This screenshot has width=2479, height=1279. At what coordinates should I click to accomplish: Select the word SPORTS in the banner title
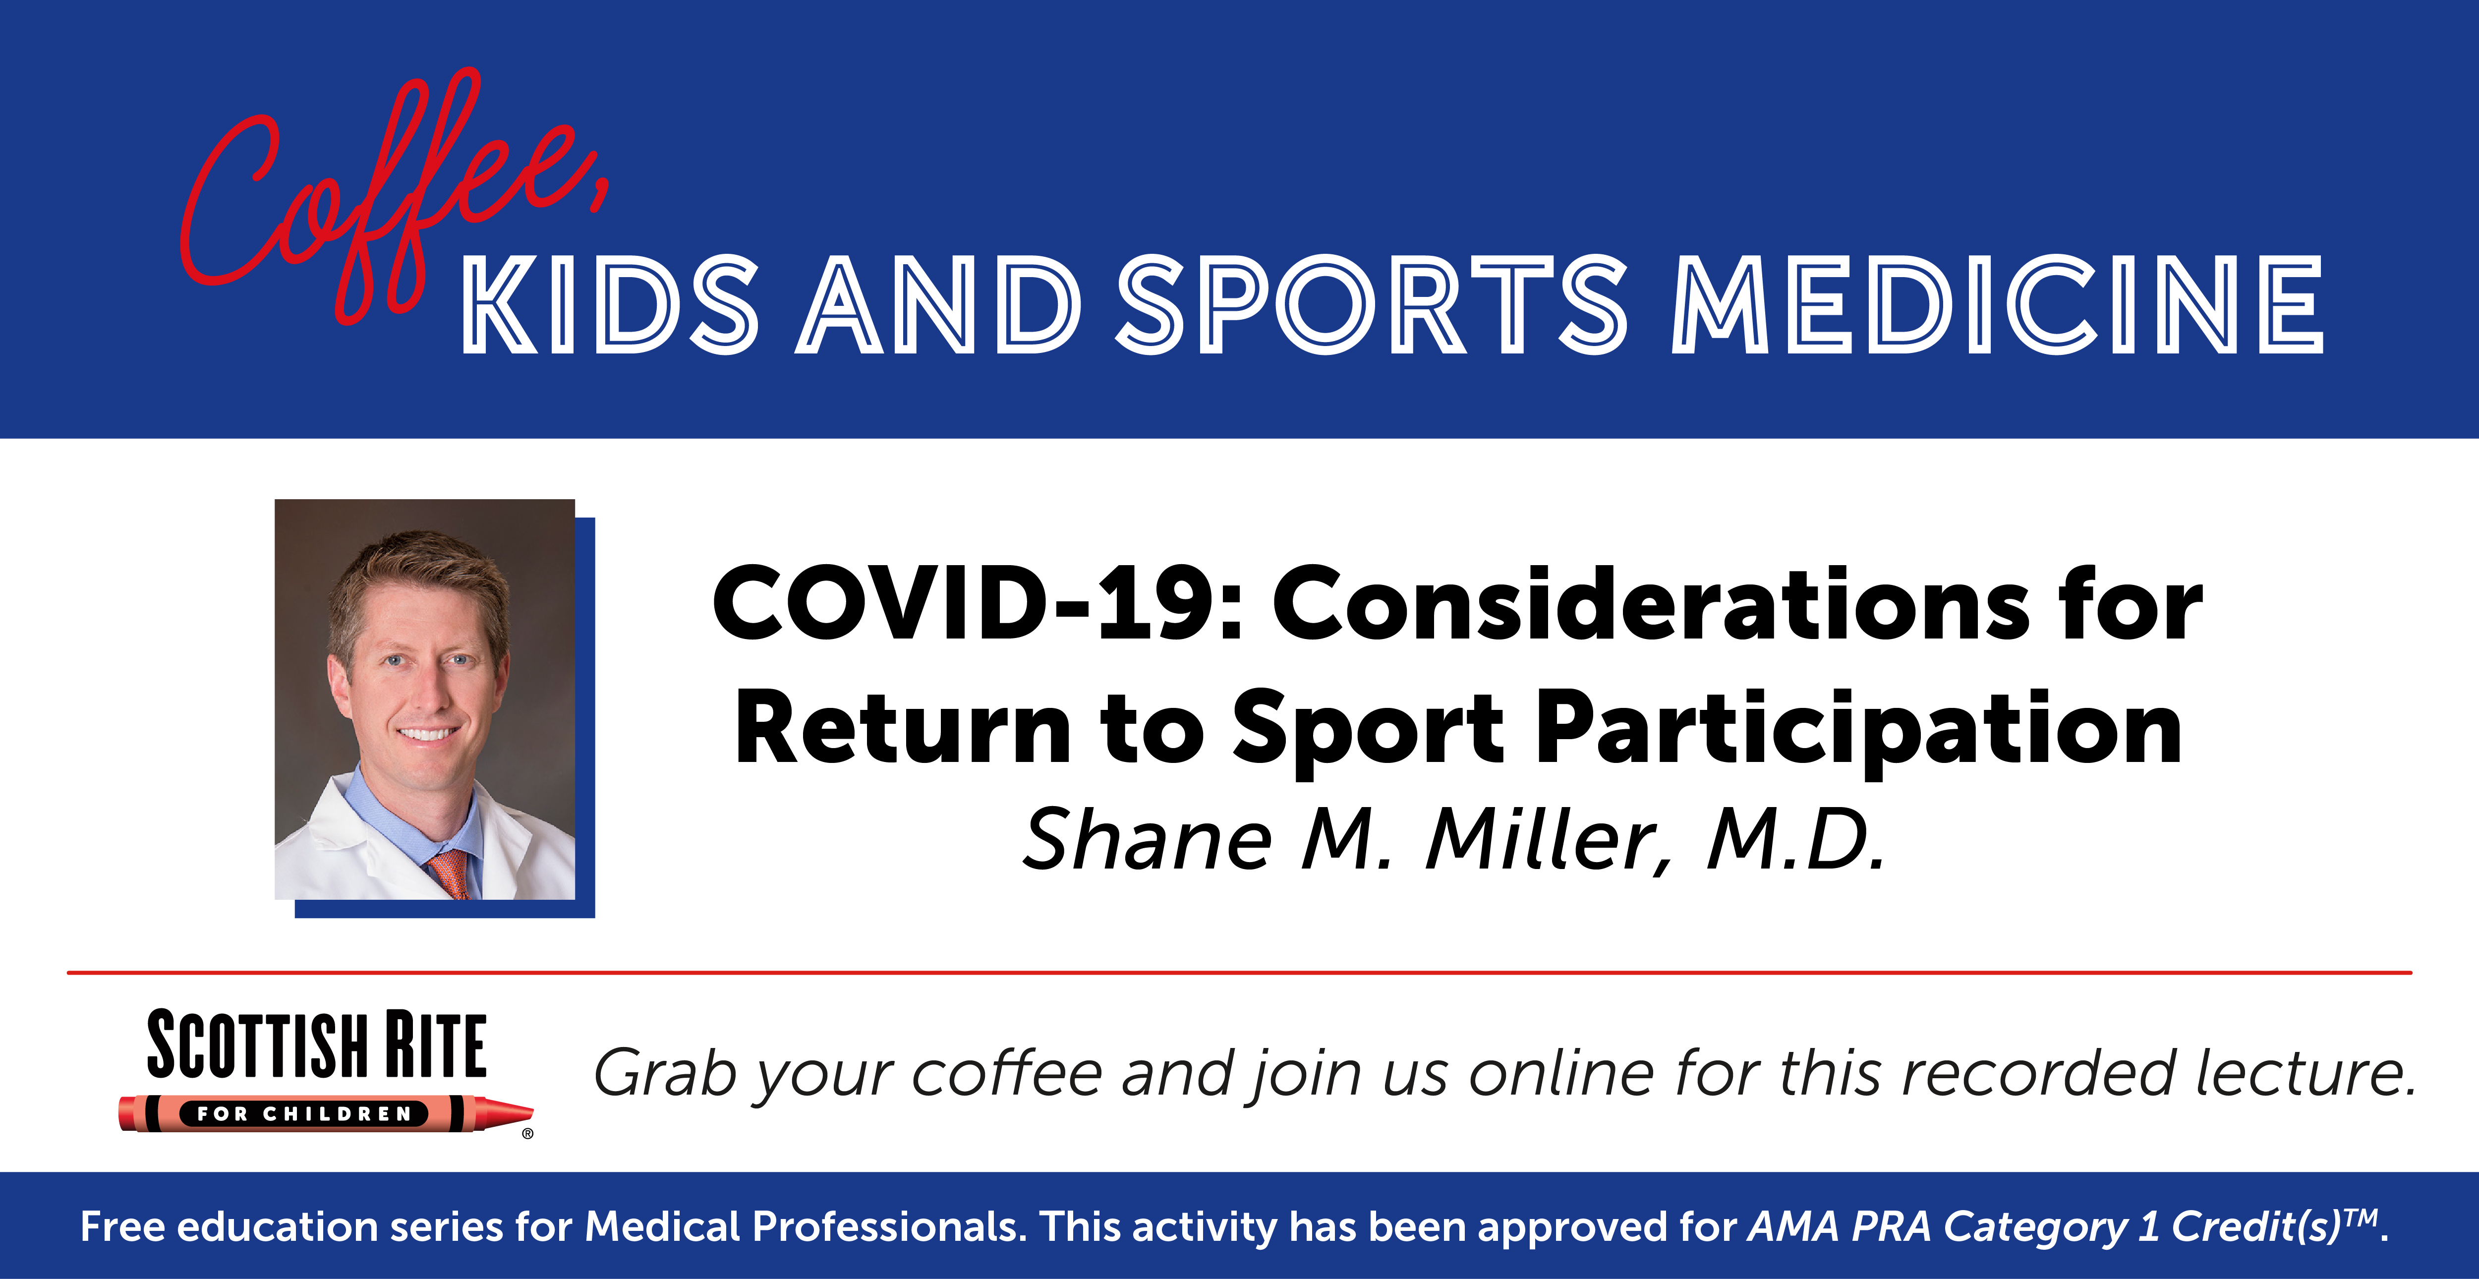[1371, 305]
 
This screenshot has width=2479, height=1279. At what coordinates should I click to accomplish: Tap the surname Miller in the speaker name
[1550, 839]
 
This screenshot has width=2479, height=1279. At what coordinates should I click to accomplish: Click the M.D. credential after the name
[1795, 839]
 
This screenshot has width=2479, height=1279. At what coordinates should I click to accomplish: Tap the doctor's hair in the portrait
[419, 578]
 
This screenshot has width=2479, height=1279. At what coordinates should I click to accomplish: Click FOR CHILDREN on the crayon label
[304, 1113]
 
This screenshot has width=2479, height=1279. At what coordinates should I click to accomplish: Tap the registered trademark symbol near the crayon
[527, 1134]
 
